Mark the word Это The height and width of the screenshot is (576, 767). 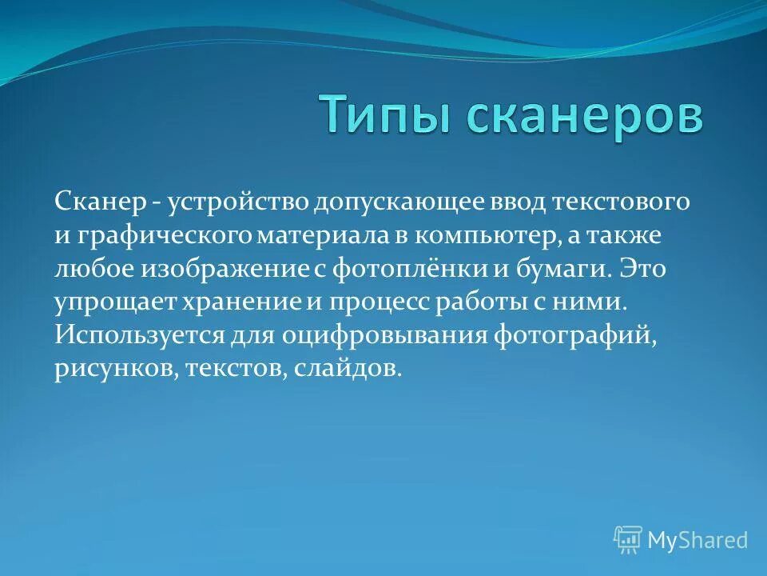tap(643, 270)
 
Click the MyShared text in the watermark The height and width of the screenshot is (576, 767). tap(697, 540)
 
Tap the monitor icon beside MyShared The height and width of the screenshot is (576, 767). tap(628, 540)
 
